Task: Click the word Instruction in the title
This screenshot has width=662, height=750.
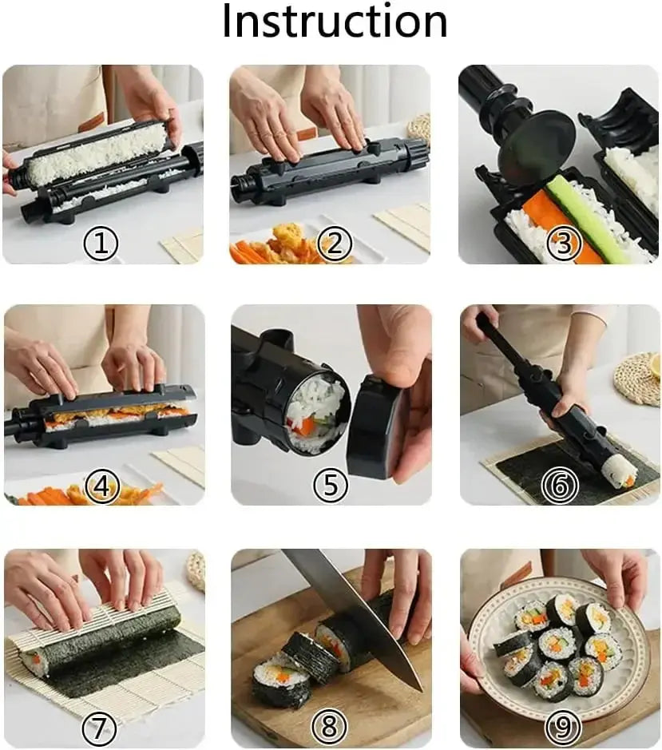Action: [x=334, y=22]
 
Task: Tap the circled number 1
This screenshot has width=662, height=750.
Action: [x=101, y=244]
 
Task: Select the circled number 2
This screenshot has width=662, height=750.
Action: [x=335, y=244]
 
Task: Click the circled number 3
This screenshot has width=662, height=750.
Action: [x=564, y=244]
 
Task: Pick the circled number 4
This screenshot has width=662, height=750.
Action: [x=102, y=486]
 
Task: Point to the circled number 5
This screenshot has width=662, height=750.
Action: [x=330, y=486]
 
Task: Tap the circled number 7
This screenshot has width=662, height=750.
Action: [x=101, y=728]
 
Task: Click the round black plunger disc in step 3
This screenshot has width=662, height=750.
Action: [x=535, y=148]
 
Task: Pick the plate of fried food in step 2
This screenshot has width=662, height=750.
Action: [x=287, y=244]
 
